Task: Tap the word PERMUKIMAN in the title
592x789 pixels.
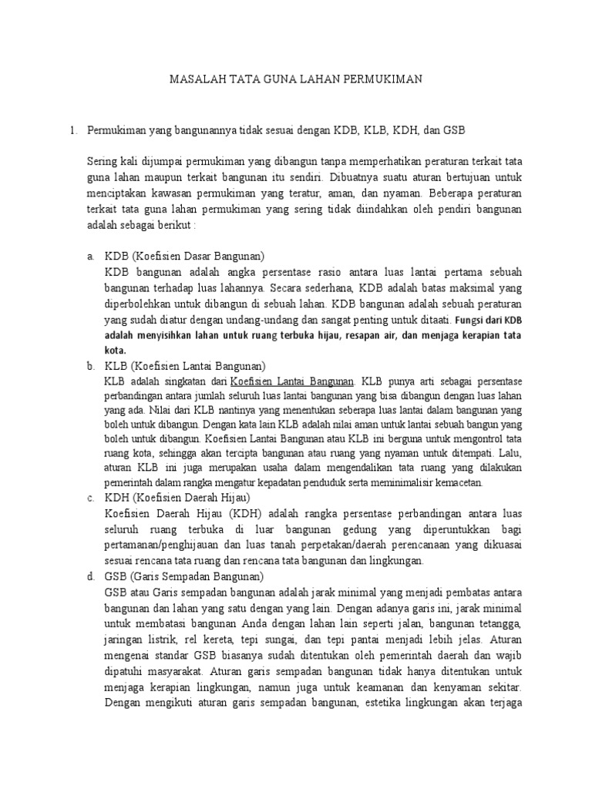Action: tap(384, 79)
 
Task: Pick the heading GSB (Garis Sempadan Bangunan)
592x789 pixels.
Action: tap(184, 576)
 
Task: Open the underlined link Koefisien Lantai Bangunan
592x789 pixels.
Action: tap(292, 381)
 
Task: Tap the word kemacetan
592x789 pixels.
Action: tap(456, 483)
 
